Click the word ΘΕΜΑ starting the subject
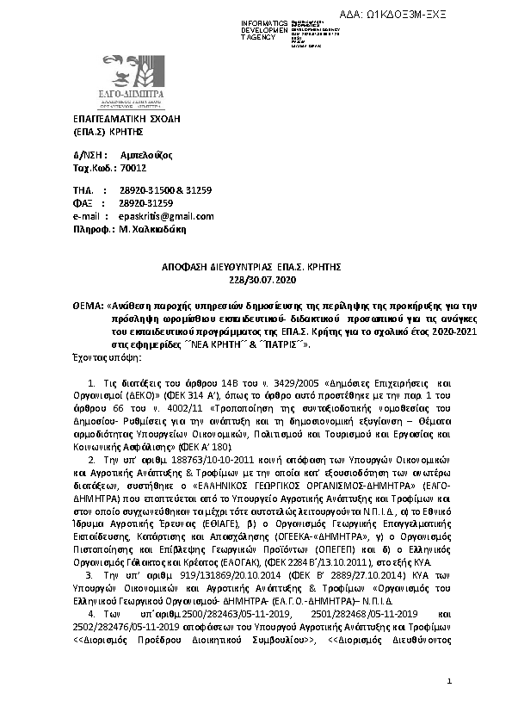[x=88, y=306]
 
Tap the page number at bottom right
[x=449, y=681]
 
